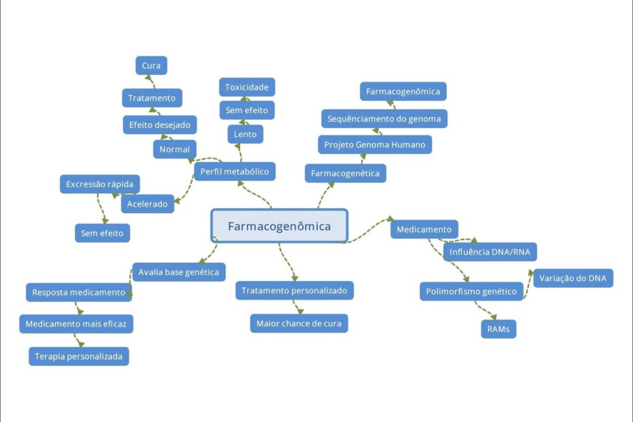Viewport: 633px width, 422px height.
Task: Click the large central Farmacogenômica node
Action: pos(279,226)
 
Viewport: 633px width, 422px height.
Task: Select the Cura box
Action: pos(151,65)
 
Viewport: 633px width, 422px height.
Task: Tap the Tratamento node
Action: pos(152,98)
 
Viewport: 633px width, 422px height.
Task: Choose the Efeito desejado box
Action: pos(160,125)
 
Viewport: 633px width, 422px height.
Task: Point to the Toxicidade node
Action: pos(247,87)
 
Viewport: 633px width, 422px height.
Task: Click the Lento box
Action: pos(245,134)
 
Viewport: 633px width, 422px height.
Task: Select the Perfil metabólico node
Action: pos(234,171)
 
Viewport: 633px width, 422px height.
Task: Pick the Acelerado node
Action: pos(147,204)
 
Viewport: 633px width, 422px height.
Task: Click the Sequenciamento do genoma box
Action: pos(384,118)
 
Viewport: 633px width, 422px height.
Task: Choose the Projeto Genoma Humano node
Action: pos(374,144)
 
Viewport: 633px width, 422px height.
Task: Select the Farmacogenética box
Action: pos(345,174)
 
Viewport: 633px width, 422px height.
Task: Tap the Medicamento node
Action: pos(424,229)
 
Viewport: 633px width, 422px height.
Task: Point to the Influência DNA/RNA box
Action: pos(490,253)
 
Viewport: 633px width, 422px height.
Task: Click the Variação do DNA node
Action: pos(572,278)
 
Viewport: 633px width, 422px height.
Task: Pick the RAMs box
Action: pos(498,329)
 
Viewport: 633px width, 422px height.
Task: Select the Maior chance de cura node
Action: pos(299,323)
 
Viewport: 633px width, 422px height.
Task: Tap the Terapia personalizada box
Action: pos(78,356)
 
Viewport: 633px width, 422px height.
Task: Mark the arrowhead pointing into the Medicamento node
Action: pos(391,218)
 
